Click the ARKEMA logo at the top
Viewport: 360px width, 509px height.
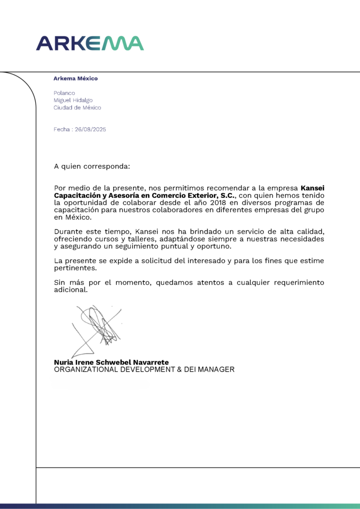point(90,43)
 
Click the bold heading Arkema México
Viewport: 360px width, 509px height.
point(76,79)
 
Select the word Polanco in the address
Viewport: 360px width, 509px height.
point(64,93)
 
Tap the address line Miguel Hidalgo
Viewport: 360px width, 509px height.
point(73,100)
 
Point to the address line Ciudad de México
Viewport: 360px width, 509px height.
point(77,107)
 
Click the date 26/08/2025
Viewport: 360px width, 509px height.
point(90,129)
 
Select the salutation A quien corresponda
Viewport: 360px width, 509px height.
point(92,166)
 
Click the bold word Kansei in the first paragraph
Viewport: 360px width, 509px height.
point(313,188)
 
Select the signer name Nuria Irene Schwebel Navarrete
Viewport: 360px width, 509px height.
point(111,362)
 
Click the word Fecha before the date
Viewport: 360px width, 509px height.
point(62,129)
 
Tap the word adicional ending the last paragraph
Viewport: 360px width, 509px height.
point(71,290)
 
